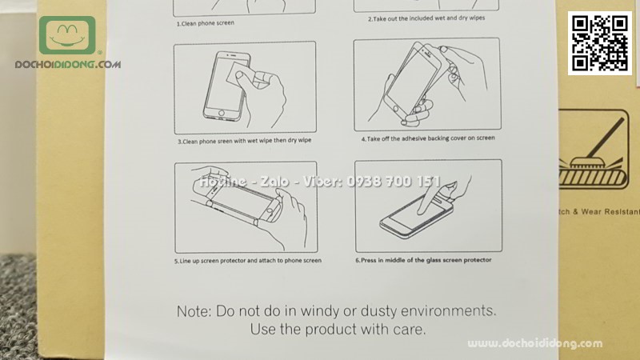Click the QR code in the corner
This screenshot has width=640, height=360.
(x=600, y=42)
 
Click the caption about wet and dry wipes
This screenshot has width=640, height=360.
(x=426, y=18)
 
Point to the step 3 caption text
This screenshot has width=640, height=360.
(x=244, y=141)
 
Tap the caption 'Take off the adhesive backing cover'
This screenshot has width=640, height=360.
(x=427, y=138)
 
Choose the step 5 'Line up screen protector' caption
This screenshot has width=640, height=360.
(x=247, y=261)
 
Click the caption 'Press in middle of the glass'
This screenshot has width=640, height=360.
(x=423, y=260)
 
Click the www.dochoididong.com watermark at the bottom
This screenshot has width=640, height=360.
(x=535, y=344)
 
